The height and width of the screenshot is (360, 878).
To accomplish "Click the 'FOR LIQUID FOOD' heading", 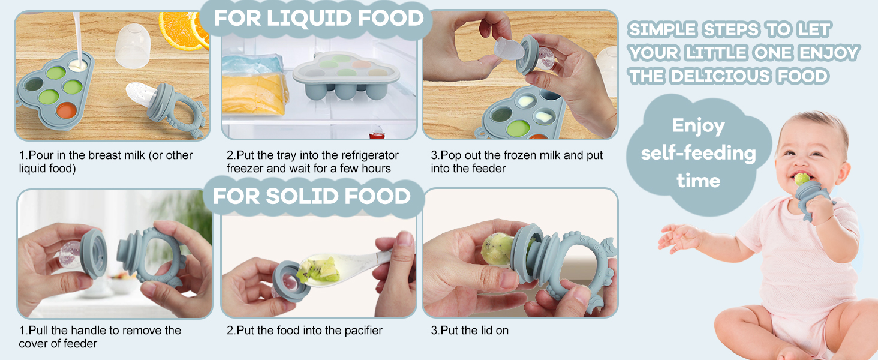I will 318,19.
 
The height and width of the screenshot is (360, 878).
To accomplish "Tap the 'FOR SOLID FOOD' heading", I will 312,196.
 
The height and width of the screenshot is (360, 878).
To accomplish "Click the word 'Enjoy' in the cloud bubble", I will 698,126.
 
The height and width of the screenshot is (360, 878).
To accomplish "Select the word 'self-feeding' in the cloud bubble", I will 698,153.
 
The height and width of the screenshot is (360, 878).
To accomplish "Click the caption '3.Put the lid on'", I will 470,331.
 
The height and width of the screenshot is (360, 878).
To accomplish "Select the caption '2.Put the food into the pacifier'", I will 305,331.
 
